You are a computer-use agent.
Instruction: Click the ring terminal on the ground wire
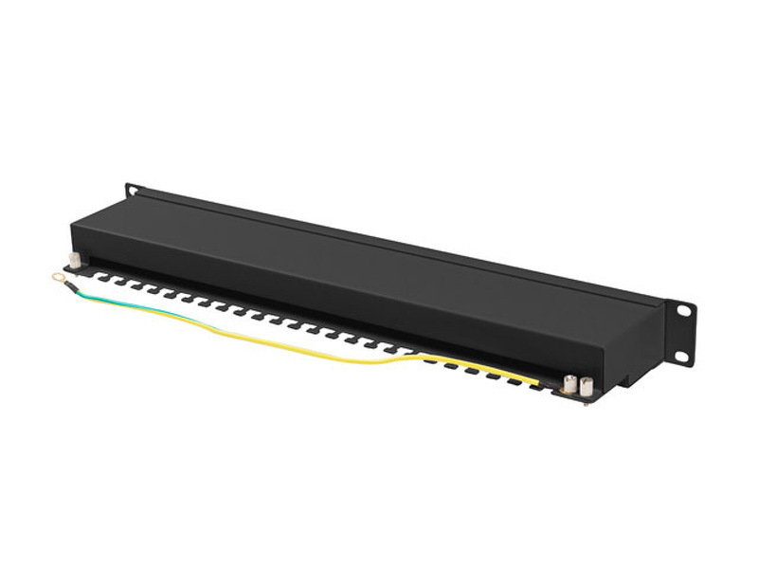(x=59, y=277)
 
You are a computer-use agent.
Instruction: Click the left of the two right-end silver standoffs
(x=571, y=385)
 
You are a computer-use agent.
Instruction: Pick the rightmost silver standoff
(x=587, y=387)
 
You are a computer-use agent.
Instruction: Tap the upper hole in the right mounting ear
(x=682, y=310)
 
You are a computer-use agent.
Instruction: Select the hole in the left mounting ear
(x=133, y=190)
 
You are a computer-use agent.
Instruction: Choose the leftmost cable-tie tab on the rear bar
(x=98, y=276)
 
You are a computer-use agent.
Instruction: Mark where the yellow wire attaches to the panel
(x=540, y=384)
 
